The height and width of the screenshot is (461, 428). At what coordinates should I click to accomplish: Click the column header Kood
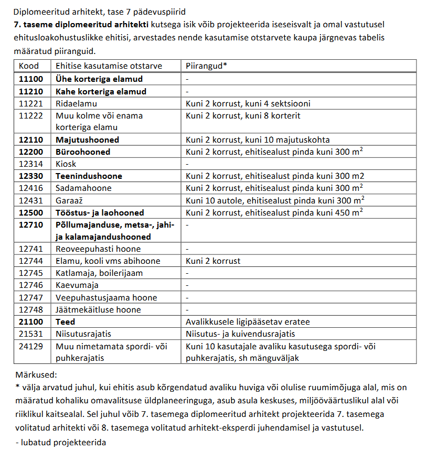(29, 66)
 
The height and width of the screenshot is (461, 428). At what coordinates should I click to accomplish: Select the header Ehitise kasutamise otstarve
(109, 66)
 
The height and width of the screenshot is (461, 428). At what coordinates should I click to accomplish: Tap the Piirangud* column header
(206, 66)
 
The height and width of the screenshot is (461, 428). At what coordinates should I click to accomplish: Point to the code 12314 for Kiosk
(31, 164)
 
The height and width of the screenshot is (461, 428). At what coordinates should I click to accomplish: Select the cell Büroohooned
(83, 152)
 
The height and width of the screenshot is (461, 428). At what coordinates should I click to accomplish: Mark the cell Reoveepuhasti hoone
(98, 249)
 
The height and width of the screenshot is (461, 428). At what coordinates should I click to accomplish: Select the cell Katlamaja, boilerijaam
(99, 273)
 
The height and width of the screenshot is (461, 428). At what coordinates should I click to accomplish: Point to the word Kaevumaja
(77, 285)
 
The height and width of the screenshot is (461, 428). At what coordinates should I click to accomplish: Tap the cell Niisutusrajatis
(83, 334)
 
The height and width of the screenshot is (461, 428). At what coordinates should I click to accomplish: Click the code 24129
(31, 346)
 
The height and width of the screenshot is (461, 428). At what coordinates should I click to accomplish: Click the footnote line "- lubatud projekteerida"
(61, 442)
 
